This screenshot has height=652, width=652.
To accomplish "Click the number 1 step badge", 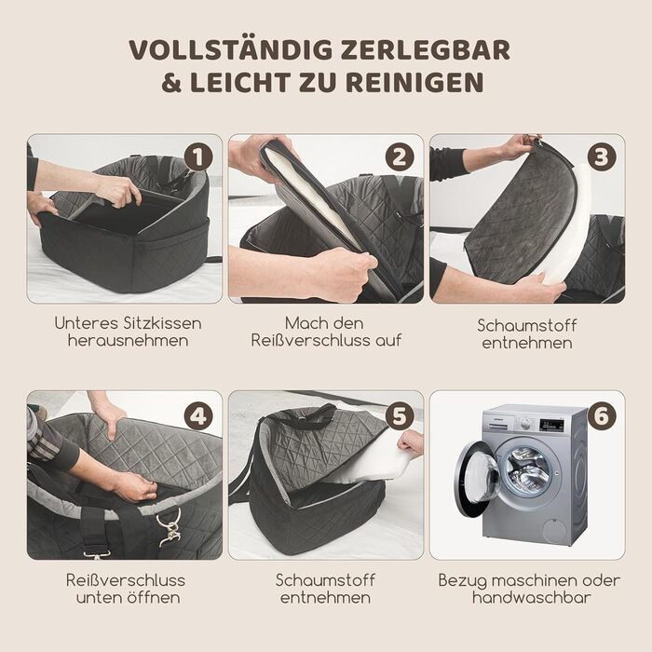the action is pyautogui.click(x=198, y=157).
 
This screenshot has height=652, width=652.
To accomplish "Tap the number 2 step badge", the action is pyautogui.click(x=400, y=157).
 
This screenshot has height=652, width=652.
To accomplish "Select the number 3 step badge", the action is pyautogui.click(x=602, y=157).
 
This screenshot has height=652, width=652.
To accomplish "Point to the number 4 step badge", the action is pyautogui.click(x=198, y=415).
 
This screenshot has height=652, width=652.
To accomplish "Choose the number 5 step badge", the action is pyautogui.click(x=400, y=415).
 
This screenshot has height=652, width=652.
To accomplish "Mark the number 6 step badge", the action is pyautogui.click(x=602, y=415).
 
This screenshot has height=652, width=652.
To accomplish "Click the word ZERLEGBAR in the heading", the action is pyautogui.click(x=425, y=50).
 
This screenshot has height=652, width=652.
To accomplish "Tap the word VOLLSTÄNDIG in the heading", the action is pyautogui.click(x=230, y=49).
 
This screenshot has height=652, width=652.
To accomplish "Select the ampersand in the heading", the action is pyautogui.click(x=171, y=82).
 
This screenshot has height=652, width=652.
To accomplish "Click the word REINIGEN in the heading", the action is pyautogui.click(x=414, y=82).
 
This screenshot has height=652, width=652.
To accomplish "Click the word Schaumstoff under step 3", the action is pyautogui.click(x=527, y=326).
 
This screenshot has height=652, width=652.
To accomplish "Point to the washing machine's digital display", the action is pyautogui.click(x=551, y=425).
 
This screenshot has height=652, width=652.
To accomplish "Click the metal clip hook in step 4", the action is pyautogui.click(x=170, y=526).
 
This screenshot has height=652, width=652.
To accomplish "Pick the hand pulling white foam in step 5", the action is pyautogui.click(x=411, y=444).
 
